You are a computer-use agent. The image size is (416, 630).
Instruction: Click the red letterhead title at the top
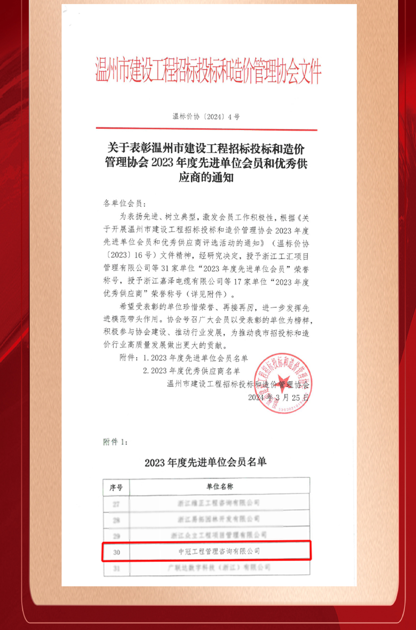point(208,72)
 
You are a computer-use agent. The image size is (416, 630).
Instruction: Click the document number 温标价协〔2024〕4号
point(206,116)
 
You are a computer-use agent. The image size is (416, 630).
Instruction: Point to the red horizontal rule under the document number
point(206,129)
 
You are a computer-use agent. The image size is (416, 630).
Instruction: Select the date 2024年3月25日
point(278,397)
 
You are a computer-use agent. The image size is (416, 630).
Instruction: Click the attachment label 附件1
point(115,442)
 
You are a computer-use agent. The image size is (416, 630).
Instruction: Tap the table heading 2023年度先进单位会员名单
point(205,462)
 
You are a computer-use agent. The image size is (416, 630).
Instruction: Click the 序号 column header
point(116,487)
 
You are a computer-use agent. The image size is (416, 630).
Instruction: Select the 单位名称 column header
point(220,486)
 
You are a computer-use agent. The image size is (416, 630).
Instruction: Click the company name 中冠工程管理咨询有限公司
point(219,551)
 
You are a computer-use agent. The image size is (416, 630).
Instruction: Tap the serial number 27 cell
point(116,504)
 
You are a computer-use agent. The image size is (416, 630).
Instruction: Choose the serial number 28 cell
point(116,520)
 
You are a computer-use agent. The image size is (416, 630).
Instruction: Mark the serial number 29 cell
point(116,536)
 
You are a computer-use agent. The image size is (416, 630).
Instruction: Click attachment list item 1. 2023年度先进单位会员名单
point(195,358)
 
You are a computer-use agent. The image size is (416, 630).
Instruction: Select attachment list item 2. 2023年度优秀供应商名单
point(191,371)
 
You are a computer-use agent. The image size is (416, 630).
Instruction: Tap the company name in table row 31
point(219,568)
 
